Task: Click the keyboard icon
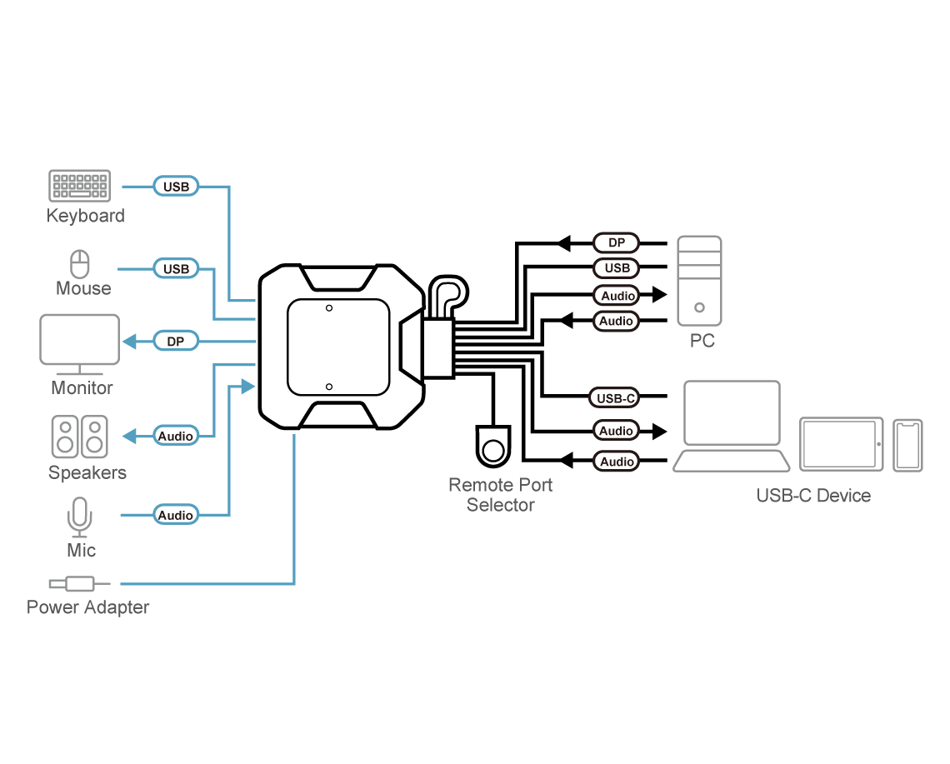point(79,186)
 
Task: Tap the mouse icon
point(80,265)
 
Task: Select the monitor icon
point(80,344)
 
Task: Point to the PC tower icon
point(698,280)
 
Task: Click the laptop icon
point(732,426)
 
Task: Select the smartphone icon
point(908,445)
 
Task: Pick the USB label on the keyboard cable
point(176,187)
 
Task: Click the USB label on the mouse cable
point(176,269)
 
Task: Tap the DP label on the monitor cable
point(176,342)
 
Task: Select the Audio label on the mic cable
point(176,516)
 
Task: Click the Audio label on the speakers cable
point(176,436)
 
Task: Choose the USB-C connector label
point(616,398)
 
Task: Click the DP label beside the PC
point(617,243)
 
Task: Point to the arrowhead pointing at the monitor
point(129,342)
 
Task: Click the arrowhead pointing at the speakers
point(129,436)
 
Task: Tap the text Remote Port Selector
point(500,495)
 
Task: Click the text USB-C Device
point(813,496)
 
